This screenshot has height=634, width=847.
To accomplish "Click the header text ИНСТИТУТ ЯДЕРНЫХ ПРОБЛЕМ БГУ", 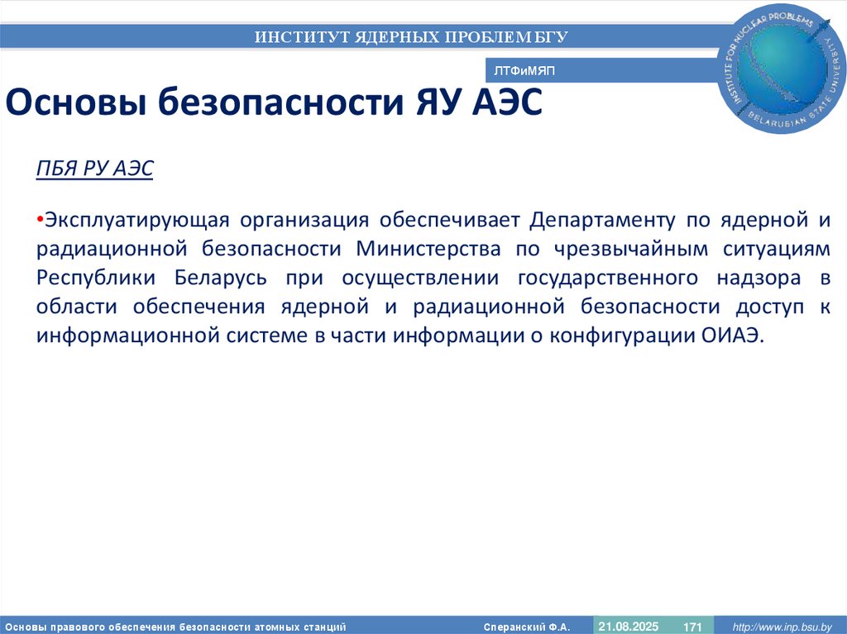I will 411,36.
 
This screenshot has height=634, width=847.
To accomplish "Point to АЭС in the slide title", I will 508,105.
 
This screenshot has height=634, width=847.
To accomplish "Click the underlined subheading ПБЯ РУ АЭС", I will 94,169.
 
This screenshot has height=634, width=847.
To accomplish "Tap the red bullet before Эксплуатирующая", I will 40,221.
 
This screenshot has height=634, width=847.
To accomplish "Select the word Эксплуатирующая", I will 135,221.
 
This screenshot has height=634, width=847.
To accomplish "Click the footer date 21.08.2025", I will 629,627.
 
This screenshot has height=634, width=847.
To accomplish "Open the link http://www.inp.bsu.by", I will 778,627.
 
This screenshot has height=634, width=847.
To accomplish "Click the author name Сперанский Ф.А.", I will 527,627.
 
